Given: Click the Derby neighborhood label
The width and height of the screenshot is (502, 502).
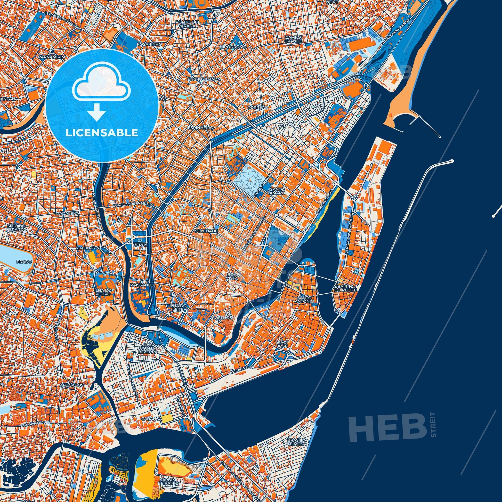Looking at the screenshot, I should coord(140,245).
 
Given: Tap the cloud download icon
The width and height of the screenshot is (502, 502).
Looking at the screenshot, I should coord(102,90).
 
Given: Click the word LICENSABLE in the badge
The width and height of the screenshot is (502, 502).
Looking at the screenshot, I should coord(102,133).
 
